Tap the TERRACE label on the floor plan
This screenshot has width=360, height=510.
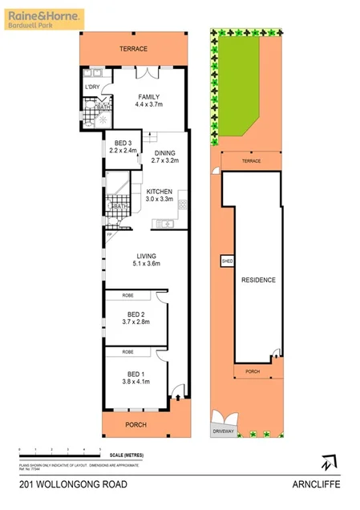[135, 49]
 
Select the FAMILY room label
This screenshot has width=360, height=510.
[149, 99]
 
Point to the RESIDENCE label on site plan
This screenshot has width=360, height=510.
[258, 280]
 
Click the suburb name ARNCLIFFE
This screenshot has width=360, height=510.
[314, 485]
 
